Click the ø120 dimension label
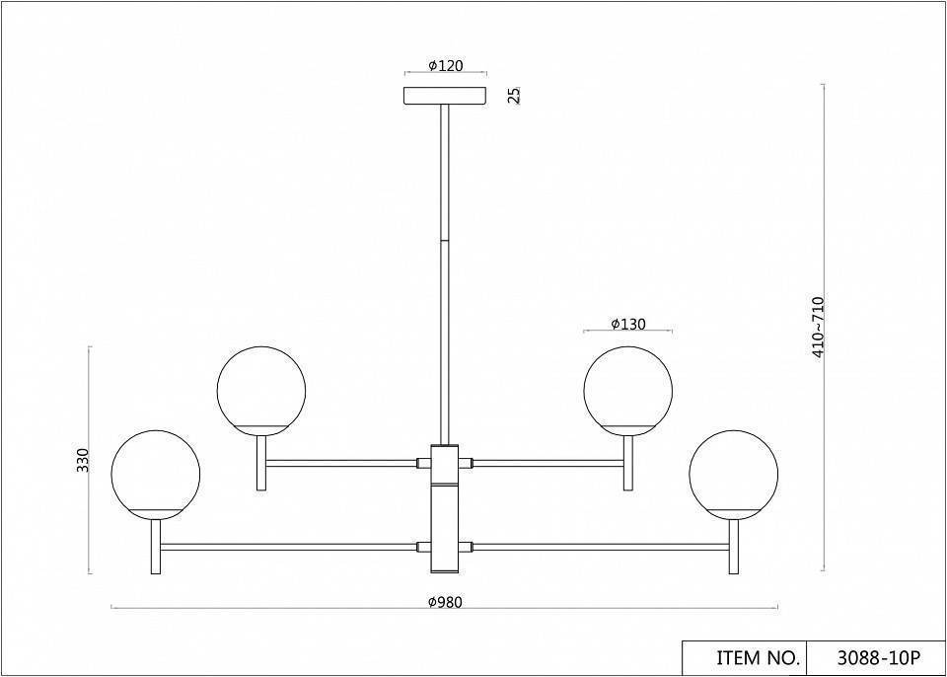[446, 66]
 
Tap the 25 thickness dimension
[514, 96]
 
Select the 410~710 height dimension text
[819, 329]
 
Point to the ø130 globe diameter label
[628, 324]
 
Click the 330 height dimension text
[83, 461]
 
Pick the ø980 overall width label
[445, 602]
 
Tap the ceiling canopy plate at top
[445, 96]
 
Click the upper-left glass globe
[260, 391]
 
